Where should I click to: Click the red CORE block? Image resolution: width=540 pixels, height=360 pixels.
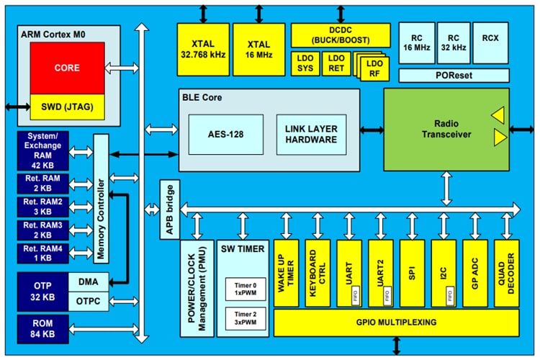coord(66,68)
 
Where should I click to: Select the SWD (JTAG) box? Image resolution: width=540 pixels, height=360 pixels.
coord(66,107)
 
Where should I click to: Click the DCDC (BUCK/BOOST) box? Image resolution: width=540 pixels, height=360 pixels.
coord(341,35)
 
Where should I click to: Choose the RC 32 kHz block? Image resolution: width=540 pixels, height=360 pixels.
coord(453,42)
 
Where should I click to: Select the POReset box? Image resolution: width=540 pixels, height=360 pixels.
coord(453,75)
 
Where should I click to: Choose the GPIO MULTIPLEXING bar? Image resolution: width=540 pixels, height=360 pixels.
coord(396,323)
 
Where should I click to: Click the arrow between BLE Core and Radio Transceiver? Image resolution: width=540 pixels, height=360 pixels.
coord(372,130)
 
